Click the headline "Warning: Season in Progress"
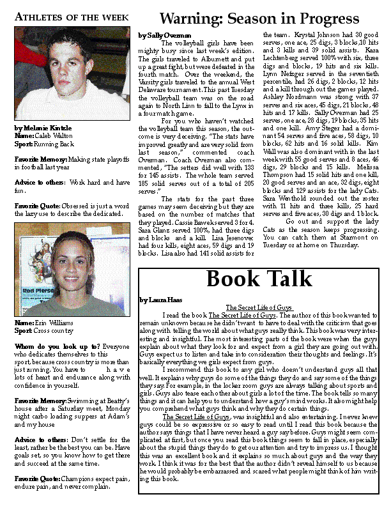coord(259,18)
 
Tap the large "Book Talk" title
coord(259,280)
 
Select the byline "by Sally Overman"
coord(165,35)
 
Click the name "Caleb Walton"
coord(53,135)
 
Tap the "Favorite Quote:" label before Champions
coord(36,477)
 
